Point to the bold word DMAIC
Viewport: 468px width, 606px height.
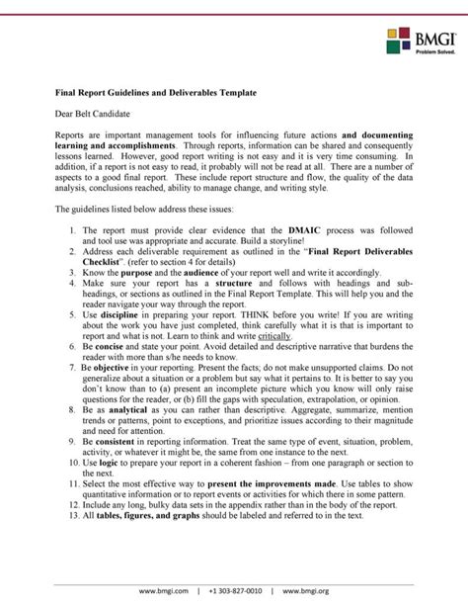pyautogui.click(x=301, y=228)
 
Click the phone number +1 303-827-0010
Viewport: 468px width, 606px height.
pyautogui.click(x=234, y=590)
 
